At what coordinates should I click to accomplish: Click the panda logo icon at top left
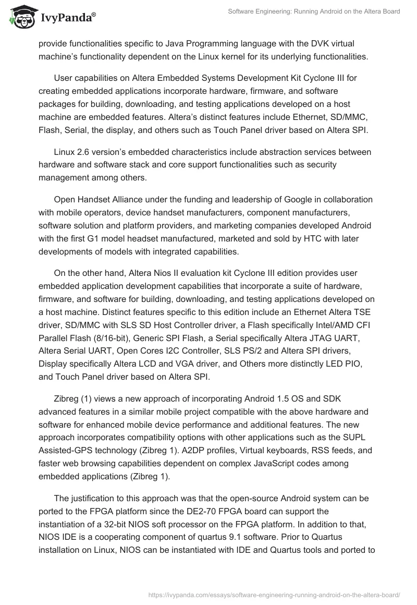point(20,17)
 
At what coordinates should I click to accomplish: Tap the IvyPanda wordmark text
point(66,18)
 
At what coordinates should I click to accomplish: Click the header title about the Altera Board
point(314,11)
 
